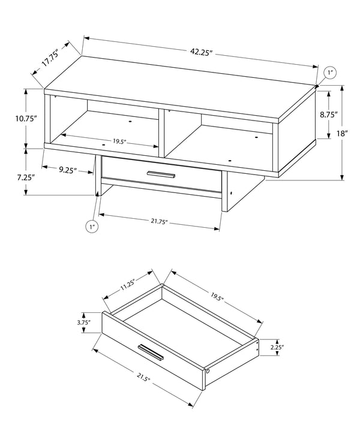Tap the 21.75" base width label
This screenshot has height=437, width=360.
(158, 222)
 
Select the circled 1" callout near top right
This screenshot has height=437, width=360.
(331, 74)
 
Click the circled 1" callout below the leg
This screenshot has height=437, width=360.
(92, 227)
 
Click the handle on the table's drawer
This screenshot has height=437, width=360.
(161, 174)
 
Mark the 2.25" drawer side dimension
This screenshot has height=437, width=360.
(277, 346)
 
